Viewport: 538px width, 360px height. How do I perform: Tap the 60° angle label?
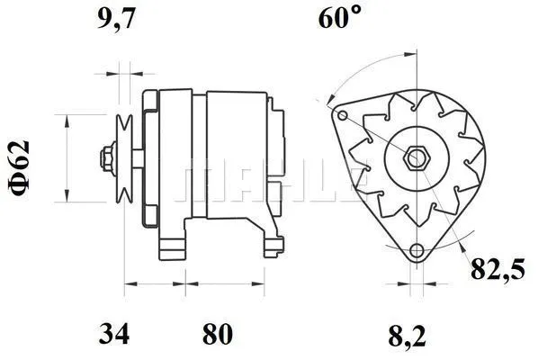(x=339, y=19)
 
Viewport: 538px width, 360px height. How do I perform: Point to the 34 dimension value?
(x=113, y=334)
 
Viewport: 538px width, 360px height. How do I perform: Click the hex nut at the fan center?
(x=415, y=159)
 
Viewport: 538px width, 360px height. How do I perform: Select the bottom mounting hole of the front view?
(x=415, y=251)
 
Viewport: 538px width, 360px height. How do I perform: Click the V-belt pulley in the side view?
(x=126, y=159)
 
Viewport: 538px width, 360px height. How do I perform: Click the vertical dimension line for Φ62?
(x=67, y=159)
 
